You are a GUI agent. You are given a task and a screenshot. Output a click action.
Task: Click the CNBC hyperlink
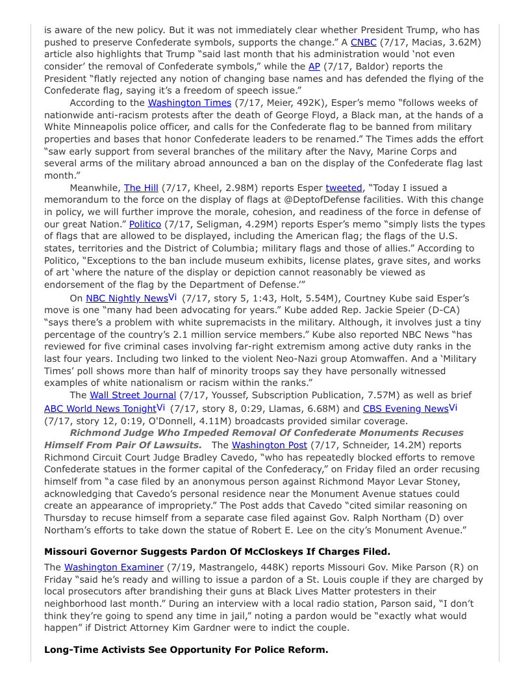tap(363, 42)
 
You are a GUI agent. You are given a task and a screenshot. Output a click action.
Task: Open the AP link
tap(314, 66)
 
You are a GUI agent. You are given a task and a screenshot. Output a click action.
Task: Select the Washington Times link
tap(189, 103)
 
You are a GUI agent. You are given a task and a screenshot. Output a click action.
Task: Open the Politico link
tap(145, 224)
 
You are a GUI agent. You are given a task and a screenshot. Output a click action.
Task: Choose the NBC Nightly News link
tap(127, 298)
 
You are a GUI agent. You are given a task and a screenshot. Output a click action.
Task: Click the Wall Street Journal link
tap(132, 395)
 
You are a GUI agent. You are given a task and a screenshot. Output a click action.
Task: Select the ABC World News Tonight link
tap(100, 409)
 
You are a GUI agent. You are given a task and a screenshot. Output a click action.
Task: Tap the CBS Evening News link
tap(405, 409)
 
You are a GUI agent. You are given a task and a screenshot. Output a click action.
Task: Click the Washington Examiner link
tap(113, 567)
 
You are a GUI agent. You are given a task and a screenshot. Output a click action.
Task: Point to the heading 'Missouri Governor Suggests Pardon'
tap(217, 552)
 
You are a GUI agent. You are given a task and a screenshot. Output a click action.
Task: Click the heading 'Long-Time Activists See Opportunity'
tap(186, 650)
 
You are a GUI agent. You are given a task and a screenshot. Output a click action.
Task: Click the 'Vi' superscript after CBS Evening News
tap(453, 407)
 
